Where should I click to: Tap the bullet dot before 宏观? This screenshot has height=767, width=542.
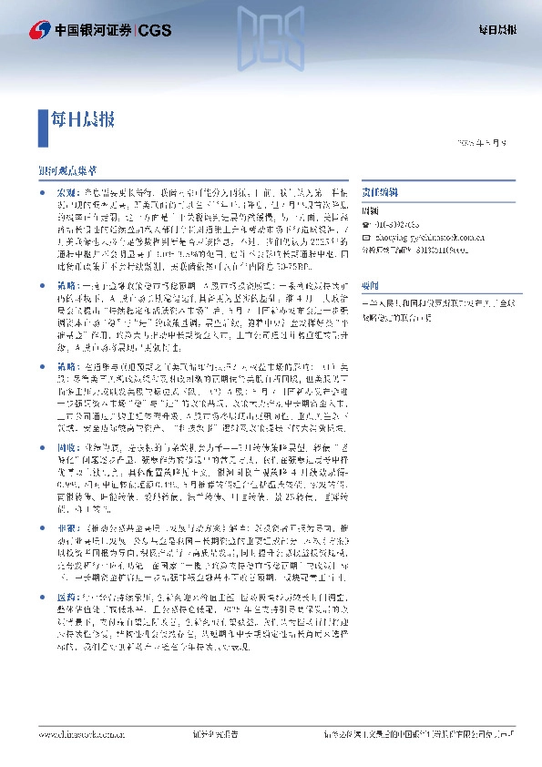click(42, 193)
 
